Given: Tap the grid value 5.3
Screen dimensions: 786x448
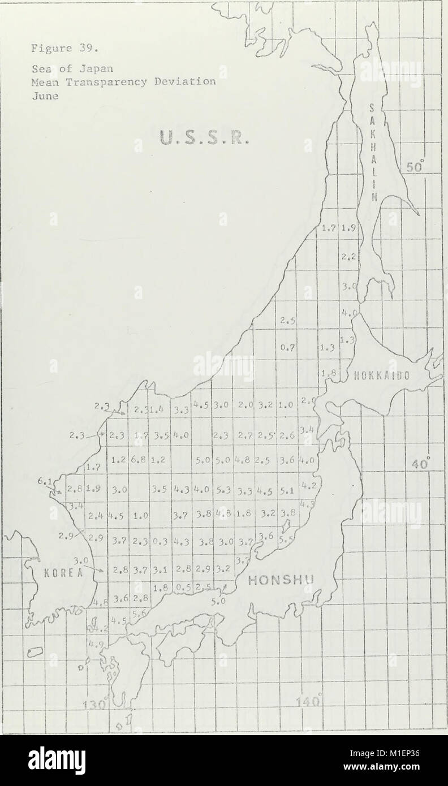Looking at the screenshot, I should [x=222, y=489].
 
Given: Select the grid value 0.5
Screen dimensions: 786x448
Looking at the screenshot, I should [x=181, y=588].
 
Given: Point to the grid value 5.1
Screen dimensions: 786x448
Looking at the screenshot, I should [x=287, y=490].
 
